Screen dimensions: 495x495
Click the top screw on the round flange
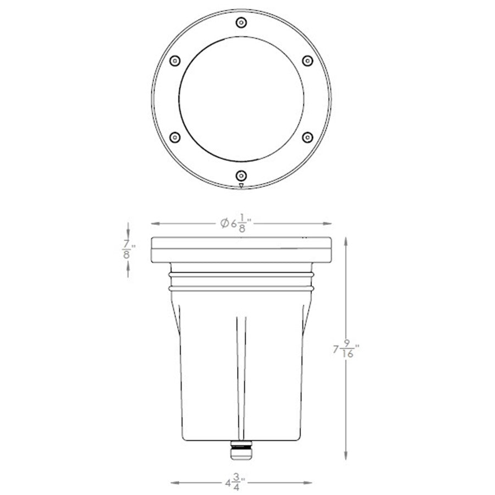coord(241,23)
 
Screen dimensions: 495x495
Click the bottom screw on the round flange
coord(241,175)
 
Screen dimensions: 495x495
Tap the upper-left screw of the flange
coord(174,60)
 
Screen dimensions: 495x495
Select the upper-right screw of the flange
coord(307,60)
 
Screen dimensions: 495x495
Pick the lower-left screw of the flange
coord(174,136)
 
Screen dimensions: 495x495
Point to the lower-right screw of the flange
coord(307,136)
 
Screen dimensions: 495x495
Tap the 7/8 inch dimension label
coord(128,249)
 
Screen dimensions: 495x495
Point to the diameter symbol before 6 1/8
coord(224,223)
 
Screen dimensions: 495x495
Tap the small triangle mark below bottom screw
coord(241,186)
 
